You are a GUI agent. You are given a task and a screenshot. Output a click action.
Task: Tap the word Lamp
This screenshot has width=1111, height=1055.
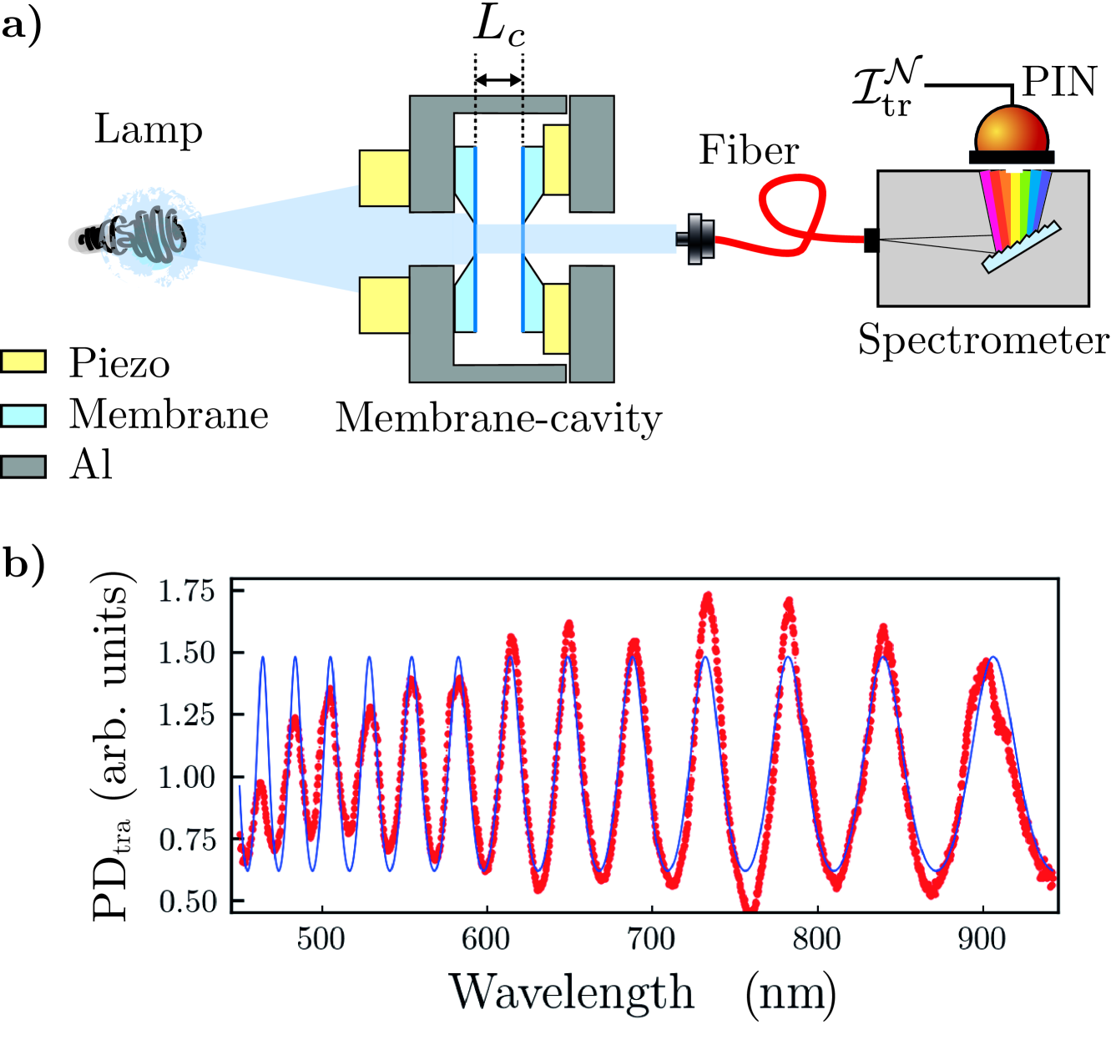click(x=149, y=129)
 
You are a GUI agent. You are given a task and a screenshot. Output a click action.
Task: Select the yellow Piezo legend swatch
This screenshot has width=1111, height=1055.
click(x=23, y=361)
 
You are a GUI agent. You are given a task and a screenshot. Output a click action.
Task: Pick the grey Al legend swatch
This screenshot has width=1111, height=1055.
click(x=23, y=466)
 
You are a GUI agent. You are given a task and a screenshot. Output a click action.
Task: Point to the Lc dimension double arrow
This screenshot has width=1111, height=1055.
click(x=498, y=80)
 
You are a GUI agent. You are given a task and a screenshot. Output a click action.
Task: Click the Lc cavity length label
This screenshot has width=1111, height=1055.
click(x=499, y=28)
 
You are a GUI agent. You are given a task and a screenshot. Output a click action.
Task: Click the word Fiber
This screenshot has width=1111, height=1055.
click(x=749, y=150)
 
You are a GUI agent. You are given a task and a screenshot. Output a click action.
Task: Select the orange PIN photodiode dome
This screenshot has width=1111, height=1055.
click(x=1012, y=130)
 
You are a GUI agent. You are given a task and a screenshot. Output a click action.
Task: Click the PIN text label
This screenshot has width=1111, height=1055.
click(x=1059, y=82)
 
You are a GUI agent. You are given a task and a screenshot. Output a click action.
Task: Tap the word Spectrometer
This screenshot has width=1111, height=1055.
click(x=983, y=340)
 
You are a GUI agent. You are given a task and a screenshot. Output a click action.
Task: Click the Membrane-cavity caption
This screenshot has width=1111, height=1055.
click(x=498, y=417)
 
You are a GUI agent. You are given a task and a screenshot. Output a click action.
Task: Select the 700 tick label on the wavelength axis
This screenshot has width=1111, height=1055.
click(x=651, y=939)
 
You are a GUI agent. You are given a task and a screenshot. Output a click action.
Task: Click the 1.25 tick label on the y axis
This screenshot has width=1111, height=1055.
click(x=187, y=714)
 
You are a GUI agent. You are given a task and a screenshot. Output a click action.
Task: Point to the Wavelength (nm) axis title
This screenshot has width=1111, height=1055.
click(x=643, y=992)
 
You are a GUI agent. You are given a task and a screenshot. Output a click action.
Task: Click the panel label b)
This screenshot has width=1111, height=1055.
click(x=23, y=564)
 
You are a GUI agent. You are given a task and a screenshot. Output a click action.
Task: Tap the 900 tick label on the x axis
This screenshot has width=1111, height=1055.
click(x=982, y=939)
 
